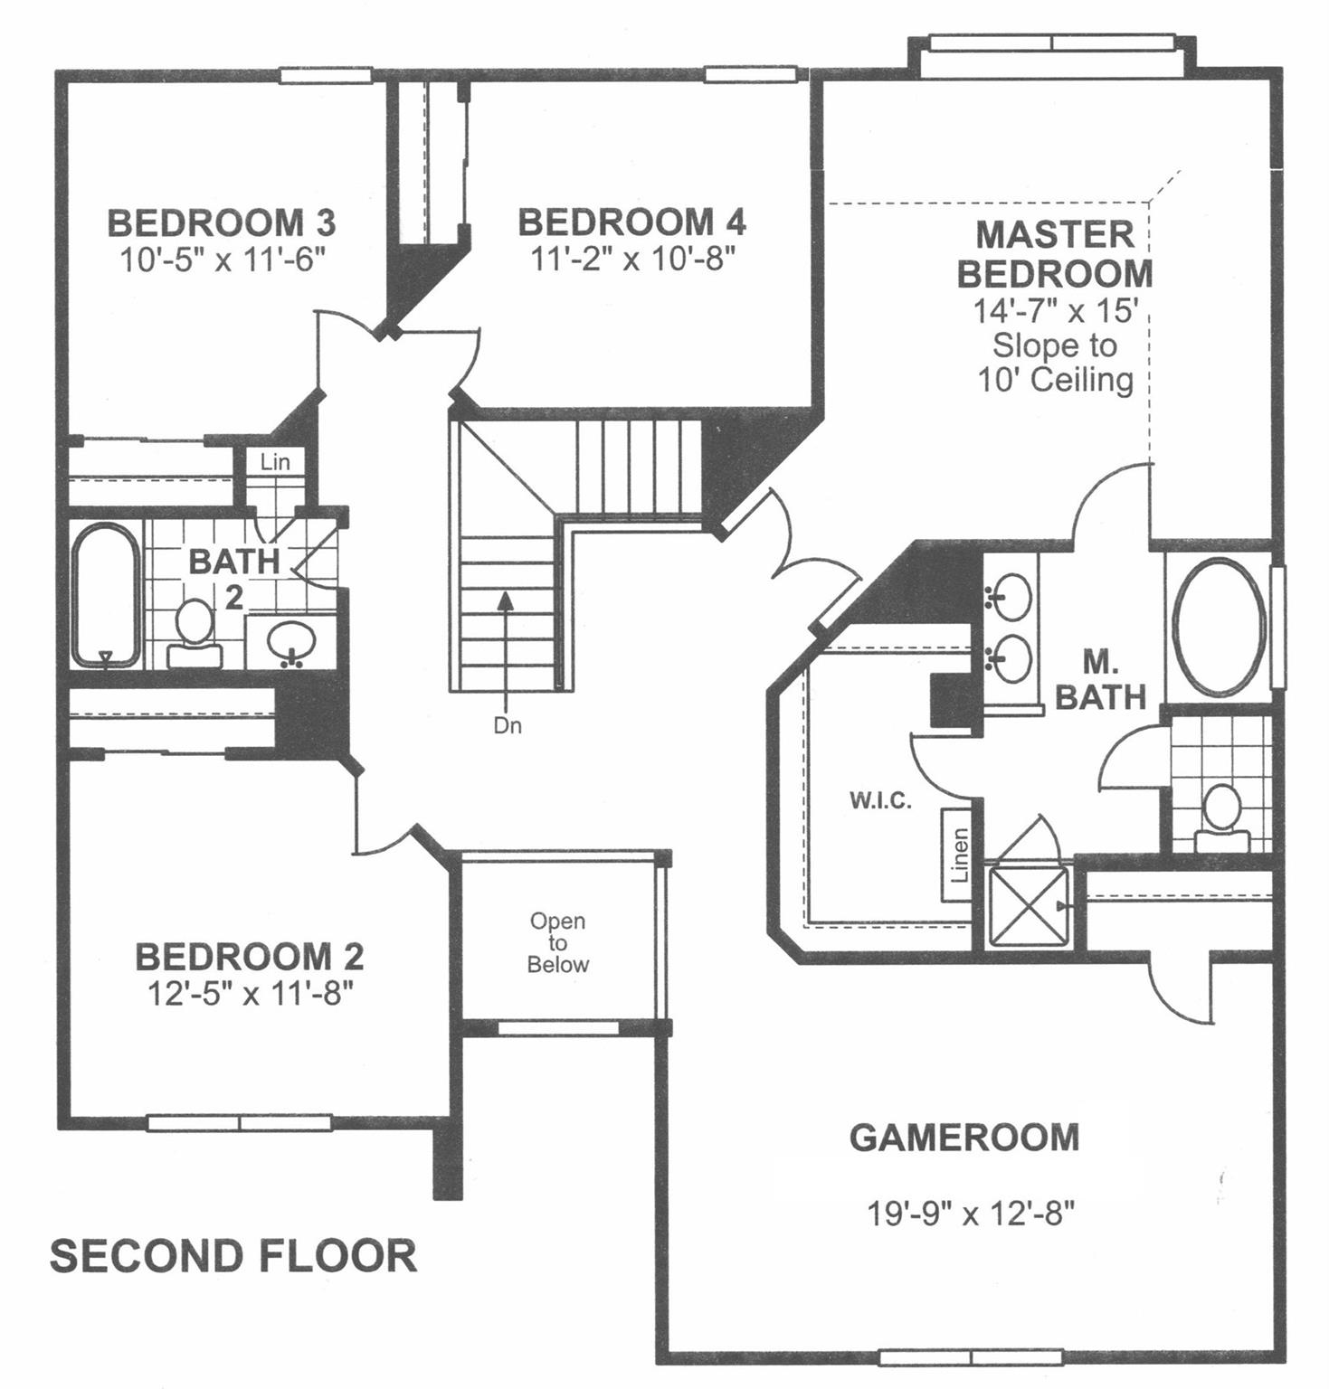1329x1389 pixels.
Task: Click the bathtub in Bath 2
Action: pos(106,595)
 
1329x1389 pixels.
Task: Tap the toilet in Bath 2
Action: pos(195,633)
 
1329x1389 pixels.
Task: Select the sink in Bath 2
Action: pos(291,642)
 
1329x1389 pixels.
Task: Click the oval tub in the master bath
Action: pos(1219,626)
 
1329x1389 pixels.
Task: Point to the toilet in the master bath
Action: pos(1222,817)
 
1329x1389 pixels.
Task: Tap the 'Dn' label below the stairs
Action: pos(508,725)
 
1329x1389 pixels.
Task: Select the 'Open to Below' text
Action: pos(557,943)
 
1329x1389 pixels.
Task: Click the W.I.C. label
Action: pos(880,800)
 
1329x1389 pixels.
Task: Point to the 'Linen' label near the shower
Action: pos(960,855)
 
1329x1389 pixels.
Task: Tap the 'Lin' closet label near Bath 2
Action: pos(275,462)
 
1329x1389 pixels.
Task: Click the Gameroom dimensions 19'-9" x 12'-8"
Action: pos(971,1213)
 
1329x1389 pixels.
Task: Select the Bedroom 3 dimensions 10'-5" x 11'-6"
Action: pos(222,260)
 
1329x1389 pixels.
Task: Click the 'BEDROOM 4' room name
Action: pos(631,222)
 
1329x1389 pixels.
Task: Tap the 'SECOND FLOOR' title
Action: pos(233,1257)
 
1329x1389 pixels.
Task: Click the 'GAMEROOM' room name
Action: pos(964,1138)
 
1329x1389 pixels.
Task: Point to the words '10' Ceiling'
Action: pos(1055,380)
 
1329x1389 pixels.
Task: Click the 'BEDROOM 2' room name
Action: pos(249,957)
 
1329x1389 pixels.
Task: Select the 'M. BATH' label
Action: pos(1101,680)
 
